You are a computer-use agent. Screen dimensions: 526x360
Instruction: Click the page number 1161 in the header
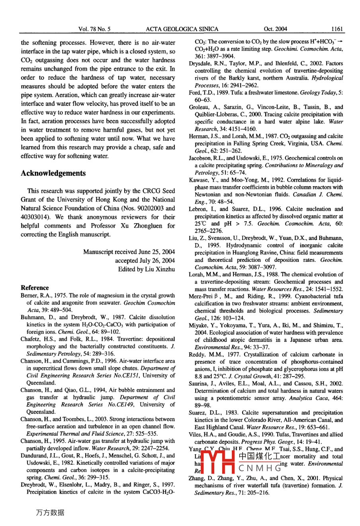point(337,29)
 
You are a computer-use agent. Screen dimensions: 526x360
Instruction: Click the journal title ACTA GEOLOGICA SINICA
point(182,29)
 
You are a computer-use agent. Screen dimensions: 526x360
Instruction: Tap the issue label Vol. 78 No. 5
point(95,29)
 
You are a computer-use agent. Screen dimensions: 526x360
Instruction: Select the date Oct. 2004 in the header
point(275,29)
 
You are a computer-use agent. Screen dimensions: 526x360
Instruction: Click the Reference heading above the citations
point(35,288)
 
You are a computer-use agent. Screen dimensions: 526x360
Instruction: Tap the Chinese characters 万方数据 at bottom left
point(50,513)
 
